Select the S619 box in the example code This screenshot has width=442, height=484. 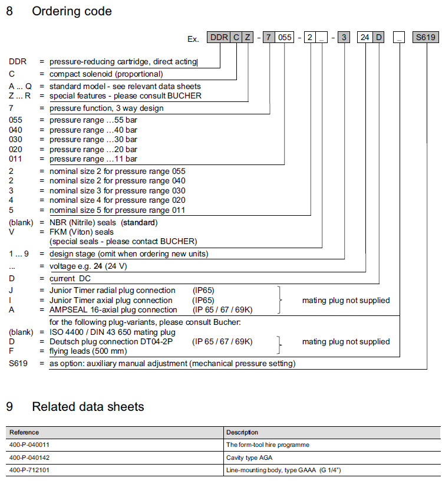tap(425, 38)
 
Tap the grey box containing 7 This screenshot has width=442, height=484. tap(269, 38)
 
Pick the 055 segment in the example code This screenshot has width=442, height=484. tap(284, 38)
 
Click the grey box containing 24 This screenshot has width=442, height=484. tap(365, 38)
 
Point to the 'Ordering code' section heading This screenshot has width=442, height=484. tap(71, 11)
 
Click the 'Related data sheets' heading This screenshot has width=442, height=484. tap(88, 406)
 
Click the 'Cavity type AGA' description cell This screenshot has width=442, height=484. tap(248, 457)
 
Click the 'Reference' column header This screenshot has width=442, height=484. tap(24, 432)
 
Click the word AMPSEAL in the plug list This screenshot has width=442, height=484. tap(70, 310)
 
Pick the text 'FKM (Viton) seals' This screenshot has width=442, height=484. tap(81, 232)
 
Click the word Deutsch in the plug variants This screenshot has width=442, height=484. tap(64, 341)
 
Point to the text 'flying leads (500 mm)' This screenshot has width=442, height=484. tap(87, 351)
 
